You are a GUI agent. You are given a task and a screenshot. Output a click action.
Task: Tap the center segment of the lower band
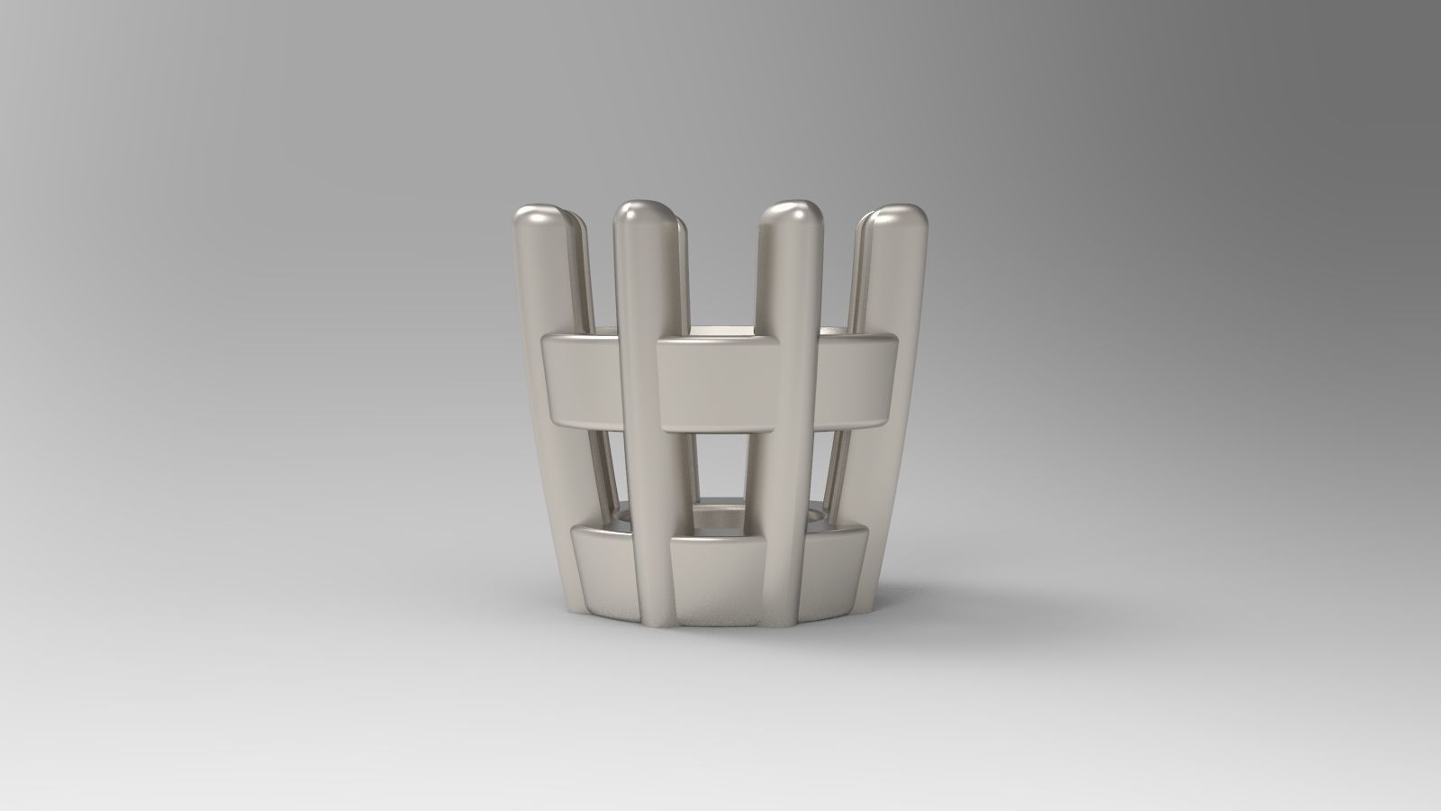pos(716,577)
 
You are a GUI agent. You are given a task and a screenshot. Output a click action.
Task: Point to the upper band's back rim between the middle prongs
pos(720,332)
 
